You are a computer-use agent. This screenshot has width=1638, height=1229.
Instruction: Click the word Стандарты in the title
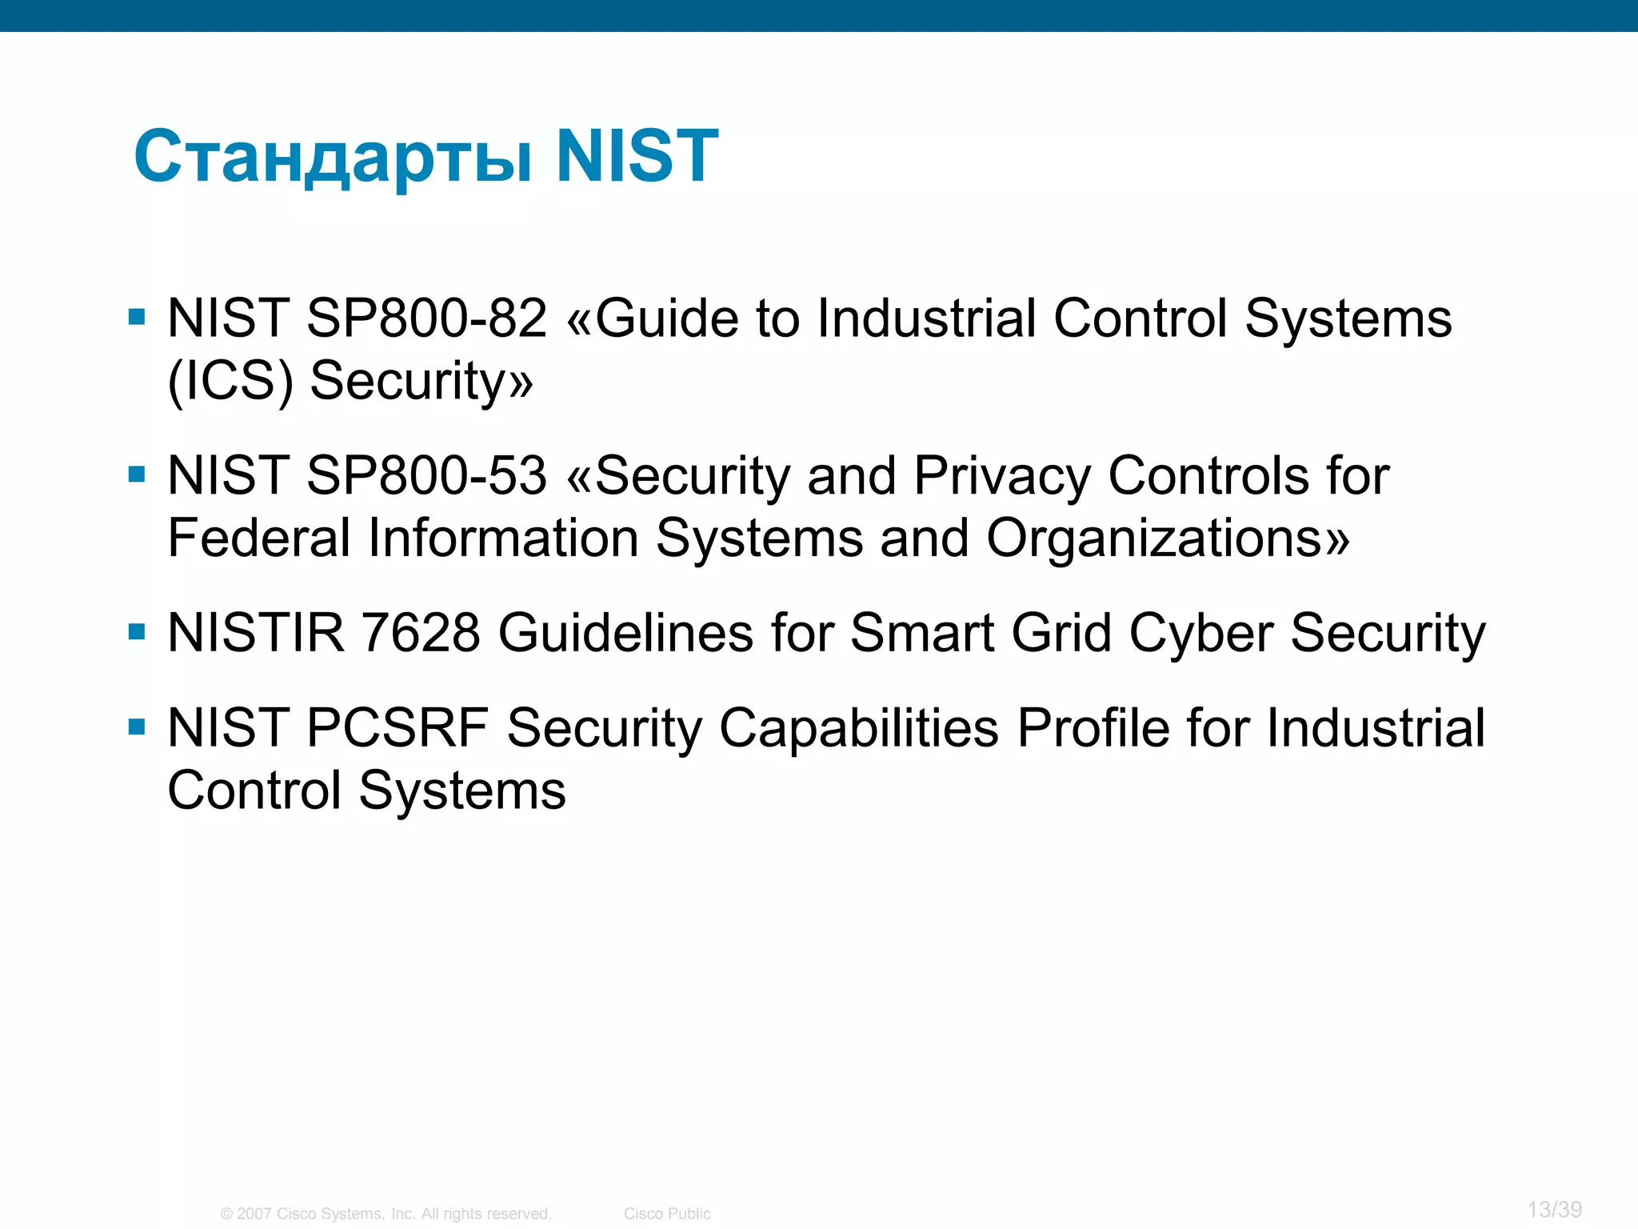(333, 157)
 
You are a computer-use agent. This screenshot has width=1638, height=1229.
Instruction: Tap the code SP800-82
(427, 318)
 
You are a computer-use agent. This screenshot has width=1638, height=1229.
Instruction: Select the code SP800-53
(427, 476)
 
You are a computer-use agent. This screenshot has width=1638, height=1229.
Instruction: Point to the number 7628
(421, 634)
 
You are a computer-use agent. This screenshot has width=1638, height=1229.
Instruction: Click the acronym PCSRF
(398, 728)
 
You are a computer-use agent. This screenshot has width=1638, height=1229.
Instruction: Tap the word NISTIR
(256, 634)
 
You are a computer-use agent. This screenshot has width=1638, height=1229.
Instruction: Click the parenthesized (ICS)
(230, 381)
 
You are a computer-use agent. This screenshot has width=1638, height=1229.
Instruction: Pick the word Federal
(259, 538)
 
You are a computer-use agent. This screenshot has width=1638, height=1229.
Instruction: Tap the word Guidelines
(625, 634)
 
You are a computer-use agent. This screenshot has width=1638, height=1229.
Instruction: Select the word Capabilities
(859, 728)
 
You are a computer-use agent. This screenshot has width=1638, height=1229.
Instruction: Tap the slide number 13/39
(1554, 1209)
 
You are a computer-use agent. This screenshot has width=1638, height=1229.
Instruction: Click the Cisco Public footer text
(667, 1214)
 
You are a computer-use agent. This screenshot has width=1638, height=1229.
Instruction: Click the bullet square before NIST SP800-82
(137, 318)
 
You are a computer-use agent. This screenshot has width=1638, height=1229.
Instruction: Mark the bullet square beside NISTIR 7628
(137, 633)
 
